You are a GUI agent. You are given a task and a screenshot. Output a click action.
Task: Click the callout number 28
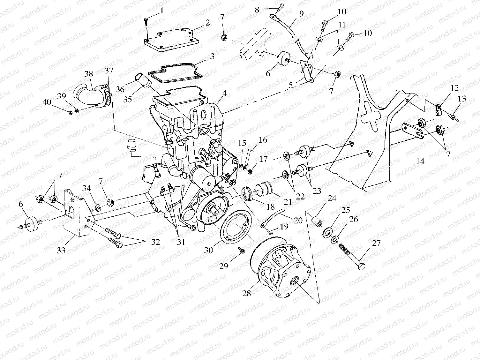point(246,293)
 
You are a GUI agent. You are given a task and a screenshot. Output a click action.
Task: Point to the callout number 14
point(420,161)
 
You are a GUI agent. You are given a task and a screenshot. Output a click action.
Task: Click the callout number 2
point(207,23)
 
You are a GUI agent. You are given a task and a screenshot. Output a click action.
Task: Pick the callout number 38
point(89,74)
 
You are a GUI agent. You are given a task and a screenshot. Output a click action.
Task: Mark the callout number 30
point(208,250)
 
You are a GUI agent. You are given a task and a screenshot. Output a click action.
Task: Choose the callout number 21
point(288,202)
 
